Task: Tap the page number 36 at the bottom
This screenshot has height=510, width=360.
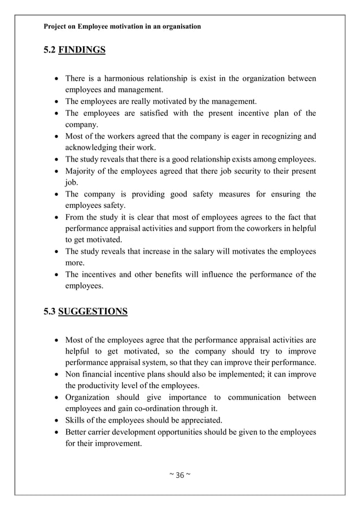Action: coord(181,473)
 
